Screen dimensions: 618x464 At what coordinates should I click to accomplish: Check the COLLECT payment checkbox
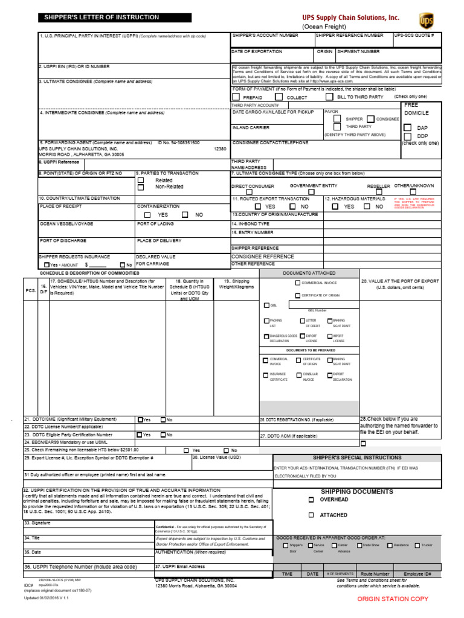pos(279,97)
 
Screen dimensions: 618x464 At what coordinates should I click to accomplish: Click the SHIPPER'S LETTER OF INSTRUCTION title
pos(102,18)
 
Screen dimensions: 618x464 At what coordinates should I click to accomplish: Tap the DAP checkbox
pos(407,128)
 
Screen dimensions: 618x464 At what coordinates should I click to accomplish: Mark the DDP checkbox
pos(407,136)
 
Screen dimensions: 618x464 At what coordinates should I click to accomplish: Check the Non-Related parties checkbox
pos(141,188)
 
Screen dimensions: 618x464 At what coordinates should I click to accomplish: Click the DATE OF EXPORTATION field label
pos(257,52)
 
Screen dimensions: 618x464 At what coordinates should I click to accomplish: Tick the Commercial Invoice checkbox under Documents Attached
pos(297,283)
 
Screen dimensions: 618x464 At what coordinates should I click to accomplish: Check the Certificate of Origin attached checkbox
pos(297,295)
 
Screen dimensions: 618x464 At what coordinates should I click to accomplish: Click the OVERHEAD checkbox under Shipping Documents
pos(311,500)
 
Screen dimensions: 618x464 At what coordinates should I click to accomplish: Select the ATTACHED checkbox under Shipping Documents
pos(311,515)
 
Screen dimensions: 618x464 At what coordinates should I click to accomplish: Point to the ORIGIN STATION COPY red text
pos(393,599)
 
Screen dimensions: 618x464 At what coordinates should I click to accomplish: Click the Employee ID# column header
pos(417,574)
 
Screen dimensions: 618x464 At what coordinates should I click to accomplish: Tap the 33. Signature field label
pos(37,523)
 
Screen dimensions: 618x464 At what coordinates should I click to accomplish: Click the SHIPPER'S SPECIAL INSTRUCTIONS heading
pos(357,458)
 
